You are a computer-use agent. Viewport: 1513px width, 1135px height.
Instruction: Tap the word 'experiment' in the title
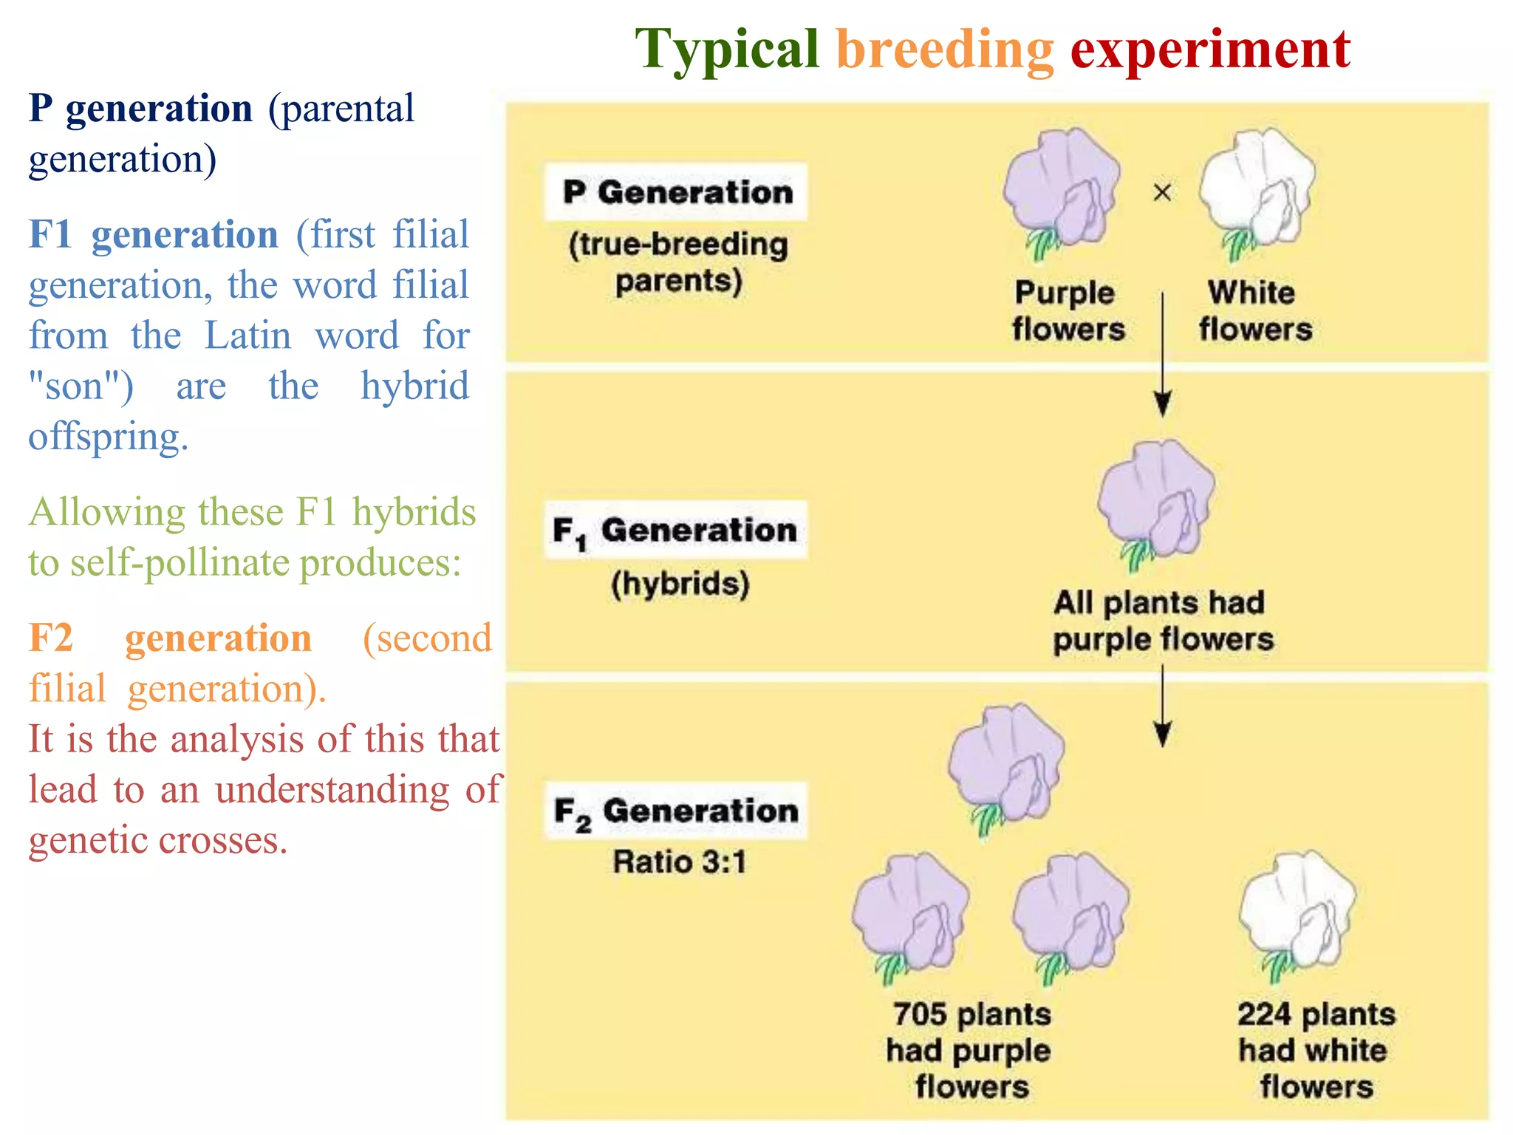pos(1210,50)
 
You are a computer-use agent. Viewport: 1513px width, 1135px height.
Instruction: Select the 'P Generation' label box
pos(676,192)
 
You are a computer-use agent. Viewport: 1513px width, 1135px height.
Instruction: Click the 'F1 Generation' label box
pos(676,531)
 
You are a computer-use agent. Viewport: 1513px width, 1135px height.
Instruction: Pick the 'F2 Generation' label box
pos(676,811)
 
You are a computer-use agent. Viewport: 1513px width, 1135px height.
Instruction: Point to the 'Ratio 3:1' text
pos(680,862)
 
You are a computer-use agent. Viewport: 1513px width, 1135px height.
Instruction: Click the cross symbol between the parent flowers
pos(1162,193)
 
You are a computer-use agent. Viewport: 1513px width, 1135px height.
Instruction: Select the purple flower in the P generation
pos(1062,191)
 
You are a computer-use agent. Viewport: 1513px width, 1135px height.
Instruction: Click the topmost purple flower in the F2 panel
pos(1007,765)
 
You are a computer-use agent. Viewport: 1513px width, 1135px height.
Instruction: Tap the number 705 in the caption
pos(920,1015)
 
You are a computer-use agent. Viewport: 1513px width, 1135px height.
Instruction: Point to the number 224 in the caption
pos(1264,1015)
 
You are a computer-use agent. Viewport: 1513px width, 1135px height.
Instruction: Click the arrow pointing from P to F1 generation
pos(1162,355)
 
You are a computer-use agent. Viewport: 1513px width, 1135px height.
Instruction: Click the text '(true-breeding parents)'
pos(678,262)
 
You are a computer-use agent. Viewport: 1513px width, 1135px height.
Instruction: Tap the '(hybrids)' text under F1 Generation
pos(680,584)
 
